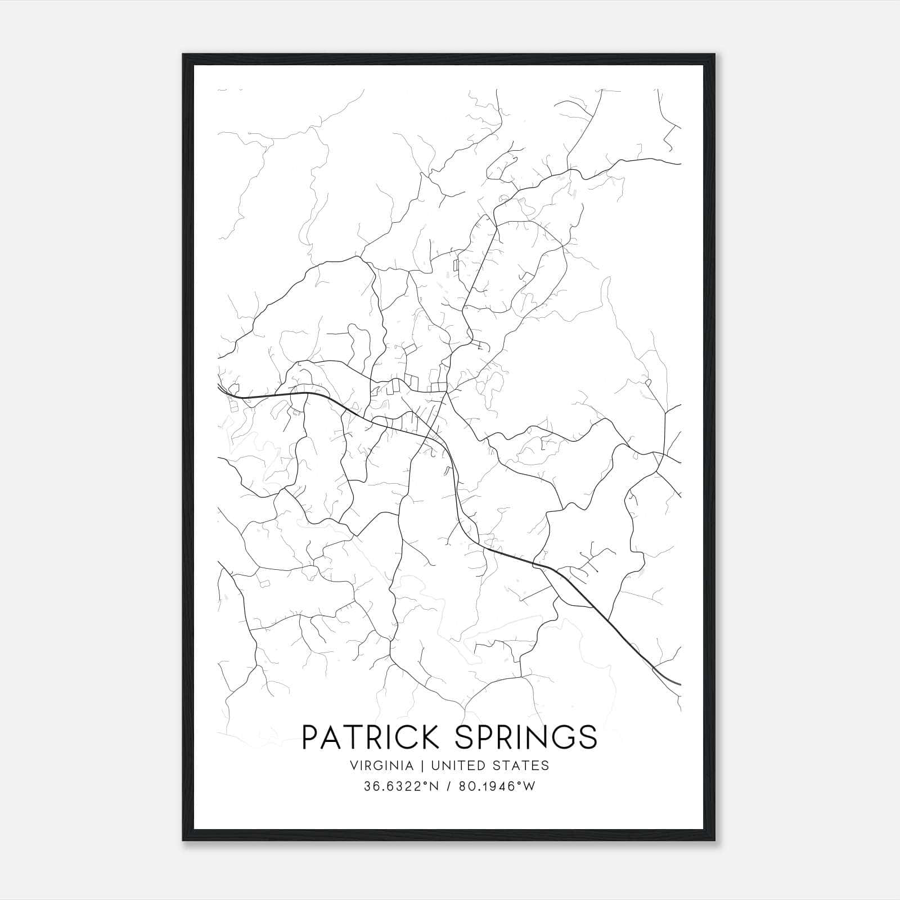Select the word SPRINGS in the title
coord(526,737)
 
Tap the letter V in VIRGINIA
coord(353,766)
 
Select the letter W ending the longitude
coord(529,786)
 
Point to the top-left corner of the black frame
coord(183,55)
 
